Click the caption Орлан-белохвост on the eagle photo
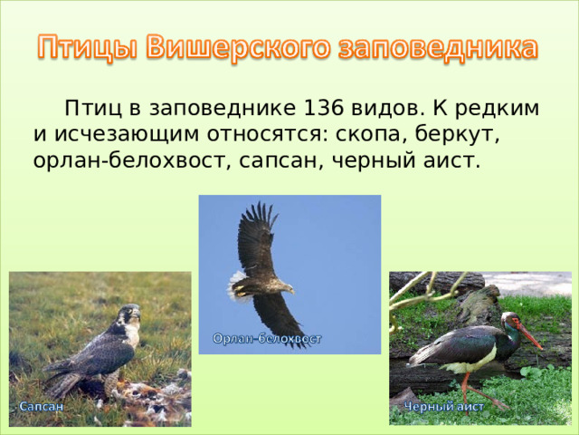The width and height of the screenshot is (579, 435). (x=267, y=339)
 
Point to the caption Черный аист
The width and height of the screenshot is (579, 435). (x=444, y=408)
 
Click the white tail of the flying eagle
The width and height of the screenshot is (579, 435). (x=237, y=285)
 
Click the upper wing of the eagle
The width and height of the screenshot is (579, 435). (x=257, y=236)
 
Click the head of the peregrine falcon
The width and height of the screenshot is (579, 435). (x=131, y=315)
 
